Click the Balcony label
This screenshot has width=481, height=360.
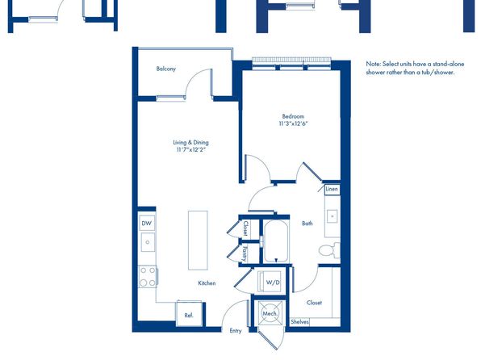pyautogui.click(x=166, y=69)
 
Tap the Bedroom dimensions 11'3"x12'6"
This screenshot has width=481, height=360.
pyautogui.click(x=293, y=124)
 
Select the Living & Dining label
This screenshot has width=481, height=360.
pyautogui.click(x=190, y=142)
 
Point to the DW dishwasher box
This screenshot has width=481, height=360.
pyautogui.click(x=147, y=224)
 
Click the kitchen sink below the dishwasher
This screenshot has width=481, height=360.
pyautogui.click(x=148, y=242)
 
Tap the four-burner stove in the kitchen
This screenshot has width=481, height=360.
pyautogui.click(x=148, y=277)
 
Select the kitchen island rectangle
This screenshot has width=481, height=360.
pyautogui.click(x=198, y=241)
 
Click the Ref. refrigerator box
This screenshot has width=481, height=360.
pyautogui.click(x=189, y=314)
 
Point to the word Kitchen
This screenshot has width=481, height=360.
pyautogui.click(x=207, y=283)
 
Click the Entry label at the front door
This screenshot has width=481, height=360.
pyautogui.click(x=236, y=331)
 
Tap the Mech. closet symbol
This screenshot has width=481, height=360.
pyautogui.click(x=270, y=312)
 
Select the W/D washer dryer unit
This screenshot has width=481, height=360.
pyautogui.click(x=270, y=282)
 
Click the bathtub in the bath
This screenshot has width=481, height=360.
pyautogui.click(x=276, y=241)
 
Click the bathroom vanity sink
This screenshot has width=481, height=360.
pyautogui.click(x=332, y=216)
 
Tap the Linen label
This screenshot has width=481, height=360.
pyautogui.click(x=332, y=189)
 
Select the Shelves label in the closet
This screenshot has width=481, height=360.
pyautogui.click(x=299, y=321)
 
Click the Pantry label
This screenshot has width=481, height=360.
pyautogui.click(x=245, y=253)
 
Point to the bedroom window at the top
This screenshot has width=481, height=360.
pyautogui.click(x=291, y=63)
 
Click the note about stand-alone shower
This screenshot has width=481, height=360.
pyautogui.click(x=415, y=68)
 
